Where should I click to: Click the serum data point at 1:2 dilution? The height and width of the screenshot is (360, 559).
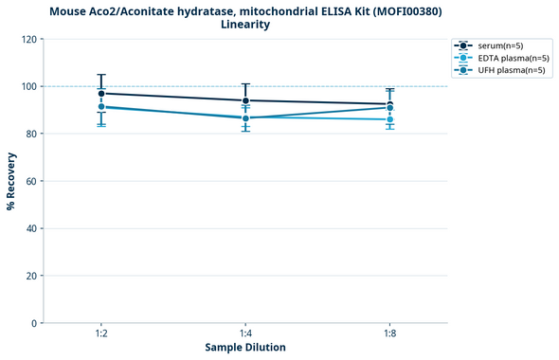tap(101, 94)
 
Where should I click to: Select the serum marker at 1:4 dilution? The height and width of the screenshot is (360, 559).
tap(245, 100)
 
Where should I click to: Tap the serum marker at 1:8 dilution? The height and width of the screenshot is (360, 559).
tap(389, 104)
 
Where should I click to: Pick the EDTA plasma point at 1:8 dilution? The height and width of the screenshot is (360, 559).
tap(389, 119)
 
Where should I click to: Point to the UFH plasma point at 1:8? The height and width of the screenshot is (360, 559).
tap(389, 108)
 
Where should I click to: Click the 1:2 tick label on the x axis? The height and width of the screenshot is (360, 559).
tap(101, 333)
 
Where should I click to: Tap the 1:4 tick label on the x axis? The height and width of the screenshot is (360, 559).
tap(245, 333)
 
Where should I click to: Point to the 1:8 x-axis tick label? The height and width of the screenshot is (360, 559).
tap(389, 333)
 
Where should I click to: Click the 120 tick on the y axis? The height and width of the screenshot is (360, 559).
tap(29, 39)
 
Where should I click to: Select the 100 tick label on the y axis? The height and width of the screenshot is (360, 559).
tap(29, 86)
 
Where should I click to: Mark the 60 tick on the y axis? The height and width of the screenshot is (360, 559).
tap(32, 181)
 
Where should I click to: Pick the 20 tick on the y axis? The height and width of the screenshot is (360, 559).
tap(32, 276)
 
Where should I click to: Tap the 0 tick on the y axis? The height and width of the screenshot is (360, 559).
tap(35, 323)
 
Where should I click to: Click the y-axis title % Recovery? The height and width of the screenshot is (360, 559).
tap(11, 181)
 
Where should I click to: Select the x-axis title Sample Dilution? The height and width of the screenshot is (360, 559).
tap(245, 348)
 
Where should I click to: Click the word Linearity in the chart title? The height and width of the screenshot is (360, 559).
tap(245, 25)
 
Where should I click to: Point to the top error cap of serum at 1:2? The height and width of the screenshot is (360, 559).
tap(101, 75)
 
